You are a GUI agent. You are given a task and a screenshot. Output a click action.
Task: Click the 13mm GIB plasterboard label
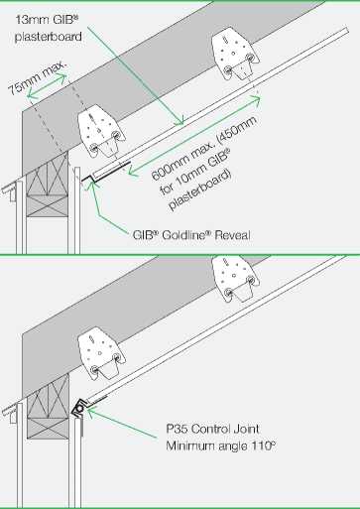click(x=49, y=28)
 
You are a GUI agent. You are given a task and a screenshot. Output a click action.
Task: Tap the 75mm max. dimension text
click(x=37, y=78)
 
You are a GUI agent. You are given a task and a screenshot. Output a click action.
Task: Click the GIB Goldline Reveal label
click(x=191, y=235)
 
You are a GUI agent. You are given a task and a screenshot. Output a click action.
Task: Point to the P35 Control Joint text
click(x=212, y=429)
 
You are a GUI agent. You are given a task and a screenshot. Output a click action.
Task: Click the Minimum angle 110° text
click(x=220, y=445)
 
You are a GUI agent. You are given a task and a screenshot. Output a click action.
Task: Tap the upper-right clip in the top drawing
click(x=235, y=56)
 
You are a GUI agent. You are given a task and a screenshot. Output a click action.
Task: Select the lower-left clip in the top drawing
click(x=101, y=131)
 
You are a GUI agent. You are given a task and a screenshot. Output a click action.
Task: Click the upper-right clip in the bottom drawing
click(x=235, y=278)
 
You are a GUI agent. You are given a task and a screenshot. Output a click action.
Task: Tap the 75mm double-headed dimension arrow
click(x=47, y=86)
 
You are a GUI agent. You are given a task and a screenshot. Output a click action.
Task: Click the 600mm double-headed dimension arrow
click(x=194, y=136)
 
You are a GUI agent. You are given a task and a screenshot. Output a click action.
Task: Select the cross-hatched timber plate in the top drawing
click(x=48, y=184)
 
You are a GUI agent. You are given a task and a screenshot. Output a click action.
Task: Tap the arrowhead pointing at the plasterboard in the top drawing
click(x=179, y=121)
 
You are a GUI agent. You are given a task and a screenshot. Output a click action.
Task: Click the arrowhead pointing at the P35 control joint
click(x=91, y=411)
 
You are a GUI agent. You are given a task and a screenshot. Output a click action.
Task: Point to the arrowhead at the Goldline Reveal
click(x=92, y=185)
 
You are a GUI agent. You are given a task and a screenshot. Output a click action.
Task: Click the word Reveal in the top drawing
click(x=232, y=235)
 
